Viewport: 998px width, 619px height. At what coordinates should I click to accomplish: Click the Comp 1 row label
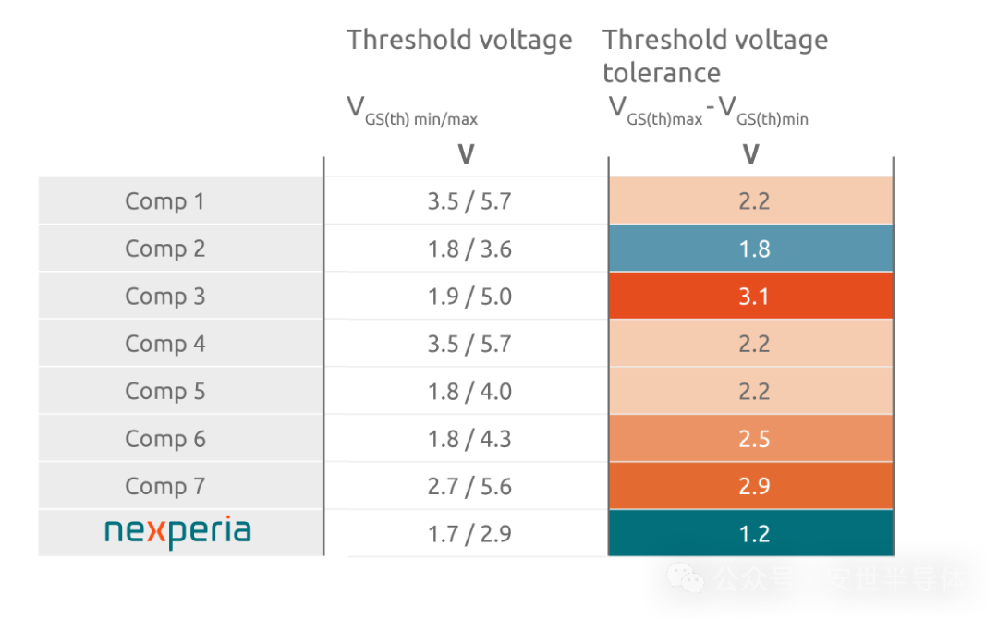[x=164, y=201]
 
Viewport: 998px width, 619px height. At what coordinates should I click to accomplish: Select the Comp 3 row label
[x=164, y=297]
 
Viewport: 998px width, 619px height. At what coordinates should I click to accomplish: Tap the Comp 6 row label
[x=164, y=439]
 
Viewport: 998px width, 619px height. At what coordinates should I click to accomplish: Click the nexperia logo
[x=177, y=533]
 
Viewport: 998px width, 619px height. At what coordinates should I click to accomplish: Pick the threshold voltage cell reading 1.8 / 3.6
[x=469, y=249]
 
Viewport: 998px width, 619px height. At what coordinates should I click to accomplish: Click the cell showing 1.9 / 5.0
[x=469, y=297]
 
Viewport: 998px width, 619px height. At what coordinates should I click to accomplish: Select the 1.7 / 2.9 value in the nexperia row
[x=469, y=534]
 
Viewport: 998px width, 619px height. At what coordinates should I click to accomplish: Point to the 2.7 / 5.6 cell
[x=469, y=487]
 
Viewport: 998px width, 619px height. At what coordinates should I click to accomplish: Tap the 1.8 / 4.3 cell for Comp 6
[x=469, y=439]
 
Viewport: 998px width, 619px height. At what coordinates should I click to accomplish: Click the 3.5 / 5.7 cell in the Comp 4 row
[x=469, y=344]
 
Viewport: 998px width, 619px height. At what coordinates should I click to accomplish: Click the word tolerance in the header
[x=662, y=73]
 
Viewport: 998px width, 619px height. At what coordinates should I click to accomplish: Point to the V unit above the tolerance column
[x=750, y=154]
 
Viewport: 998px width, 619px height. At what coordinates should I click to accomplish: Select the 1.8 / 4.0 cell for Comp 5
[x=469, y=392]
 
